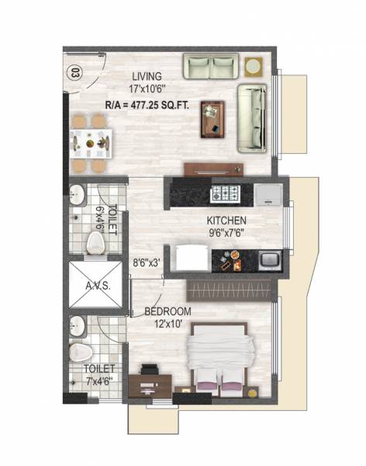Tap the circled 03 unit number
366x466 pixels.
[x=74, y=74]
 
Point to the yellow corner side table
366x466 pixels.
[x=253, y=64]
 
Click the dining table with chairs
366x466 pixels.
[x=91, y=143]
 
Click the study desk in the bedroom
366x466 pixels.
[x=152, y=382]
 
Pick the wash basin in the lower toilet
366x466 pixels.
[x=77, y=322]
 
